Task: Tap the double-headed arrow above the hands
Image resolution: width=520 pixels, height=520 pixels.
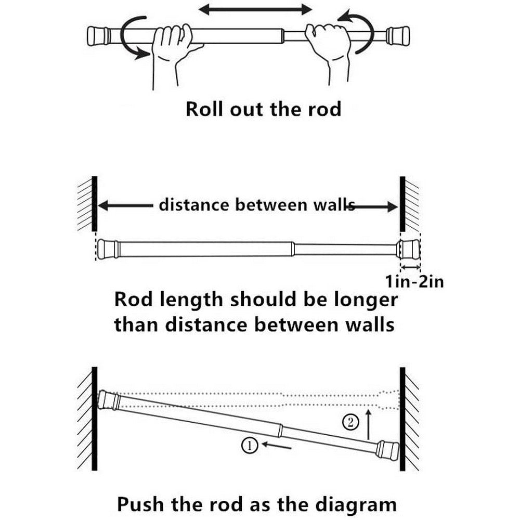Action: (x=255, y=9)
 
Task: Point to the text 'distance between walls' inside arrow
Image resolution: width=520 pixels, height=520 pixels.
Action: (x=255, y=205)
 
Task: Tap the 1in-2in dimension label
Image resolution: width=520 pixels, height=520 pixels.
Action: (x=414, y=282)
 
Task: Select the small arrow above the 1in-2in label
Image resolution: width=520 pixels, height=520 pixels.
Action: (x=411, y=267)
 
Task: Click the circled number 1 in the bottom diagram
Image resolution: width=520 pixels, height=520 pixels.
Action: (x=249, y=445)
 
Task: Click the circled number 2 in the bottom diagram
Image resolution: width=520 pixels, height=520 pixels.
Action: (x=352, y=422)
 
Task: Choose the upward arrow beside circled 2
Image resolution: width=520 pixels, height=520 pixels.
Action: (x=368, y=422)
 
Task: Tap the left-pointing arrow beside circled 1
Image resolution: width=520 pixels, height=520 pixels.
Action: (x=277, y=445)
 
